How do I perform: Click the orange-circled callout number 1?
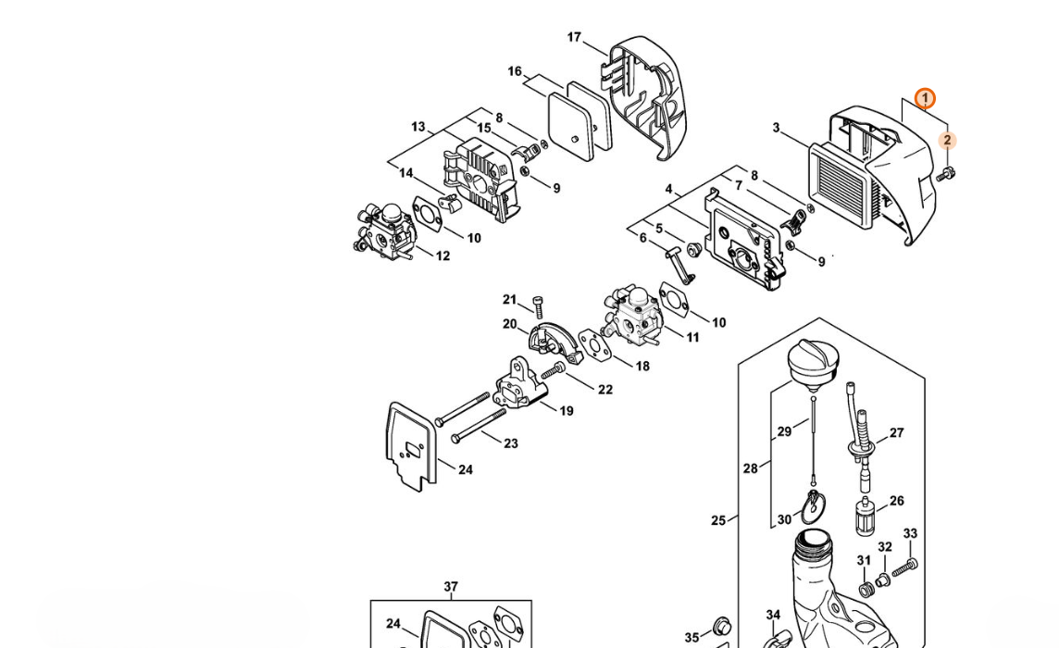point(925,99)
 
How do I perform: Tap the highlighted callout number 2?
point(947,141)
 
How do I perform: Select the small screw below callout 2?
point(945,174)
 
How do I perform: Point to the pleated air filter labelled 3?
point(847,182)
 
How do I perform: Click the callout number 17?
point(574,37)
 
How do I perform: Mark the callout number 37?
point(451,587)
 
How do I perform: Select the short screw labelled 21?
point(538,306)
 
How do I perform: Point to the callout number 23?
point(511,443)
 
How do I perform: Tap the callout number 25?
point(718,520)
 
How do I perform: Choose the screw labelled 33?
point(904,568)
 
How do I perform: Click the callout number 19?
point(566,411)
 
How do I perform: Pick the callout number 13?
point(418,127)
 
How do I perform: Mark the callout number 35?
point(691,637)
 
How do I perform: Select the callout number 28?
point(751,468)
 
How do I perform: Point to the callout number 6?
point(643,238)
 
